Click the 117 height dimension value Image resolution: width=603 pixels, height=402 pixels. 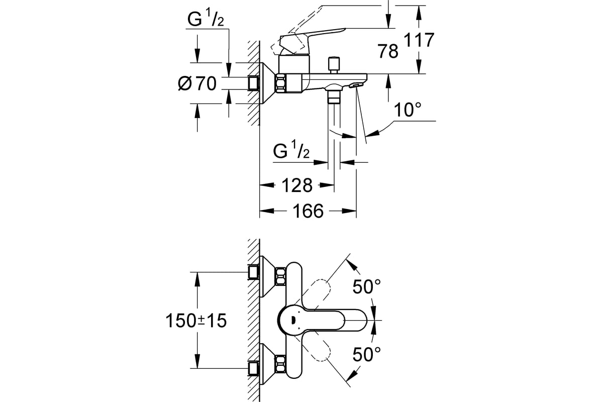point(419,40)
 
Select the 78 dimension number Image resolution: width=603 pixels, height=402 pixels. point(388,51)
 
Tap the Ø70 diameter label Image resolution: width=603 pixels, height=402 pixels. point(197,83)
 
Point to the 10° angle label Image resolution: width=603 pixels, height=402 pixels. point(407,110)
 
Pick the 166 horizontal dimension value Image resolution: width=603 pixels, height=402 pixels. point(308,211)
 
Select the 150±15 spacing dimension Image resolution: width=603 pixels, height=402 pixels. point(196,321)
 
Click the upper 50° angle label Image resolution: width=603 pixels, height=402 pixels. point(366,287)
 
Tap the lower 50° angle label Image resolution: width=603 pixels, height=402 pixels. point(366,355)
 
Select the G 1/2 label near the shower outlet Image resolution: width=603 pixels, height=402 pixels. point(291,151)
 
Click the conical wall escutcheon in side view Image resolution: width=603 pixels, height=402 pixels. point(266,83)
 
